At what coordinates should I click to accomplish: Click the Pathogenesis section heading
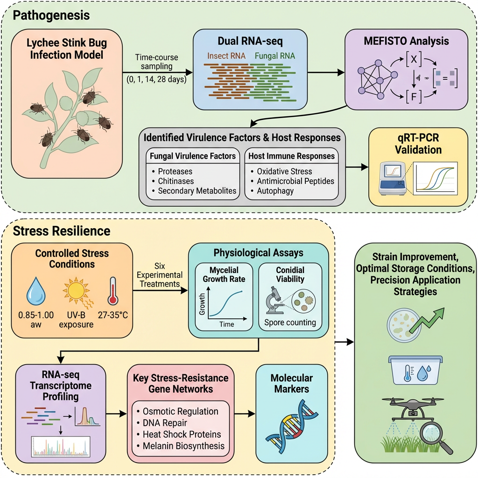coord(51,15)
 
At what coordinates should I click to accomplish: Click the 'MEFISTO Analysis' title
coord(406,41)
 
